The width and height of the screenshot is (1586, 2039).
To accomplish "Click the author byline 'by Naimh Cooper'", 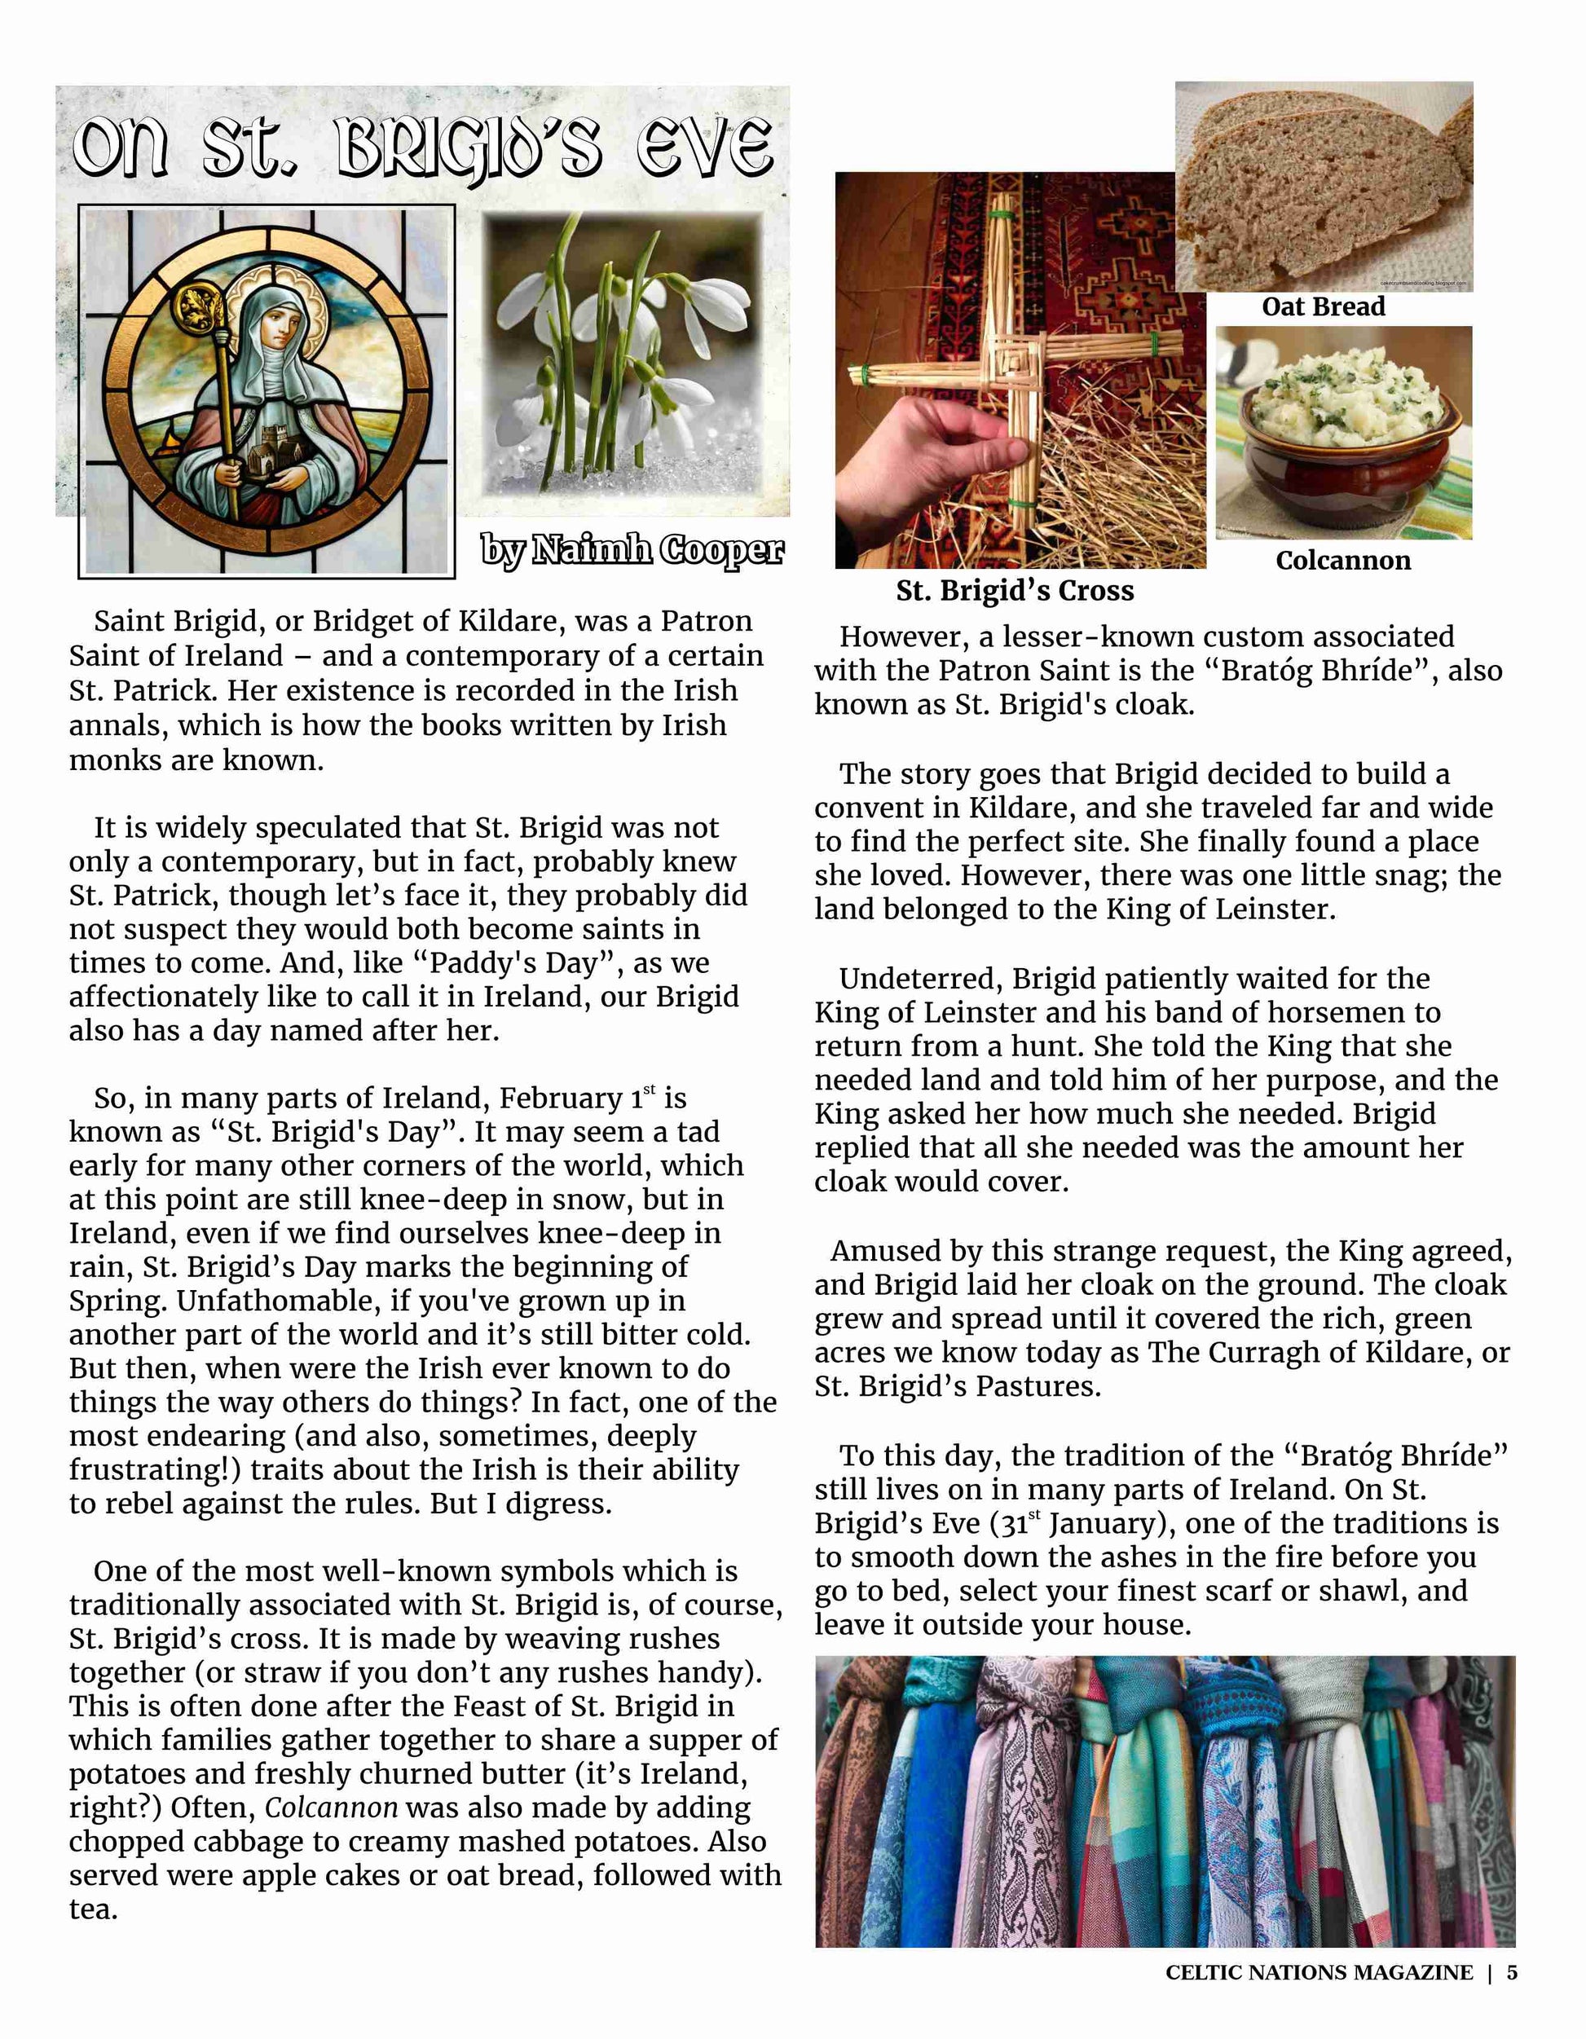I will [632, 550].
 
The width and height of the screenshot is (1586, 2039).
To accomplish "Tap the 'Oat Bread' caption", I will [1323, 307].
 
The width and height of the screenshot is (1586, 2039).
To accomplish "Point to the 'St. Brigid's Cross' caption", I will [1015, 591].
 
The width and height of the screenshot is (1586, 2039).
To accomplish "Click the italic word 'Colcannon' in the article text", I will [332, 1808].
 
